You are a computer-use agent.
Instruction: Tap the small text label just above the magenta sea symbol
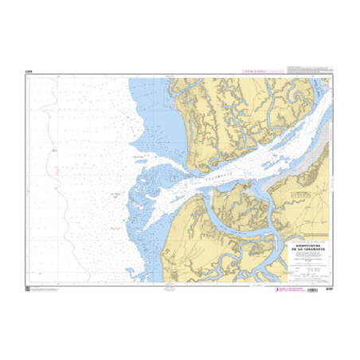[53, 149]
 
